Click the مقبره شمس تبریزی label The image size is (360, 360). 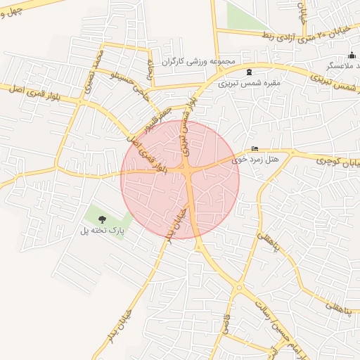(250, 83)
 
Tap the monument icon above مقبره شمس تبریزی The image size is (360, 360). (248, 72)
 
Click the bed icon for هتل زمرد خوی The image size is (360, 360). (255, 149)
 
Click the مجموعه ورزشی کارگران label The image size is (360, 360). (198, 62)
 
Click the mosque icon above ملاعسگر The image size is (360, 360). (352, 56)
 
